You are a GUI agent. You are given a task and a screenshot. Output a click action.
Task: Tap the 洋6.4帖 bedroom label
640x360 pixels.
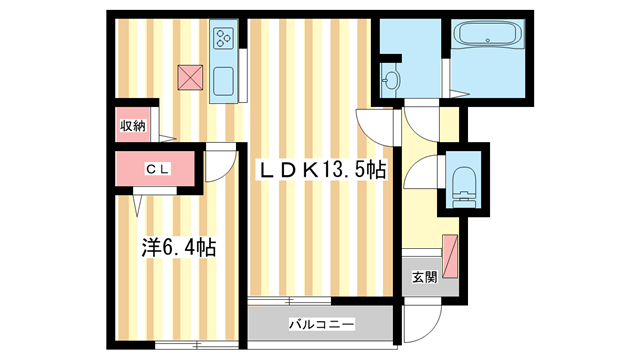[176, 244]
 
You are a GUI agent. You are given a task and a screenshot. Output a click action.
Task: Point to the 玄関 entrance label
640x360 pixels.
[423, 277]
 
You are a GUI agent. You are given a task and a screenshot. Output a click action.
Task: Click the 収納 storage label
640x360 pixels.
[133, 126]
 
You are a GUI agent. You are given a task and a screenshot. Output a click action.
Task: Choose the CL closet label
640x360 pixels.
[158, 169]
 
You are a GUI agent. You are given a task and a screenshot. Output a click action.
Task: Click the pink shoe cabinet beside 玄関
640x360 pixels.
[452, 255]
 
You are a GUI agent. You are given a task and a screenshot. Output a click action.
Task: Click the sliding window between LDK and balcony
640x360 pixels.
[290, 300]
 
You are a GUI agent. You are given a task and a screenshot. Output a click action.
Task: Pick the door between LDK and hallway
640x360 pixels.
[380, 125]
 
